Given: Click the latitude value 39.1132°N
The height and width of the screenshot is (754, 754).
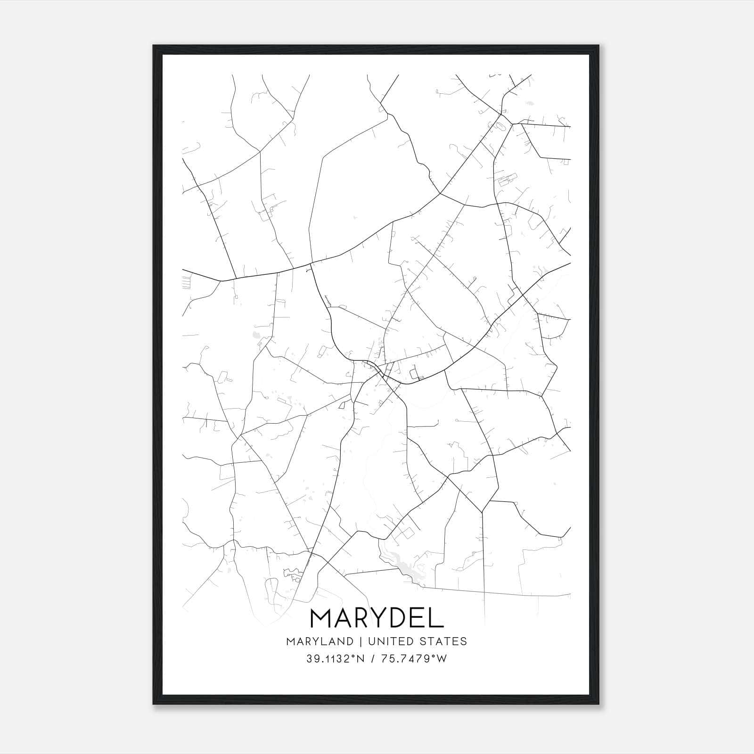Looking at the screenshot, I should pyautogui.click(x=336, y=659).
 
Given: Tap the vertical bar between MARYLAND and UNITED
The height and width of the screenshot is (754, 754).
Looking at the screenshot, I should pyautogui.click(x=360, y=641).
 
